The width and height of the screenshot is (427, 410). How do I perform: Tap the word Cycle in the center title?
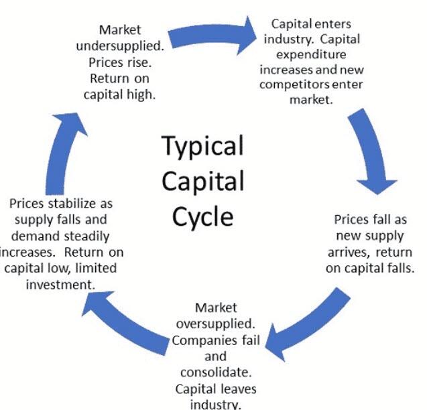(203, 217)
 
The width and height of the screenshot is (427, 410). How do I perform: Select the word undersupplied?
(120, 46)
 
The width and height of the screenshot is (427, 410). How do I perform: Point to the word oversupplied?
(216, 324)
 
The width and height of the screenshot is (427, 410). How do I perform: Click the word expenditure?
(311, 55)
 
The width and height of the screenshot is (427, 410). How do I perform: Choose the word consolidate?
(216, 372)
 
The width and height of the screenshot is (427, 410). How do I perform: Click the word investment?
(60, 285)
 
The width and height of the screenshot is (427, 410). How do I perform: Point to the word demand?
(31, 236)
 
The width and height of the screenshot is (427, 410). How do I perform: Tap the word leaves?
(238, 389)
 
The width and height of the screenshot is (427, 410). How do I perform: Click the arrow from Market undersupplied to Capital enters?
(212, 36)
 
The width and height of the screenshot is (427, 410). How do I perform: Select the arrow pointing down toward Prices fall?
(370, 149)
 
